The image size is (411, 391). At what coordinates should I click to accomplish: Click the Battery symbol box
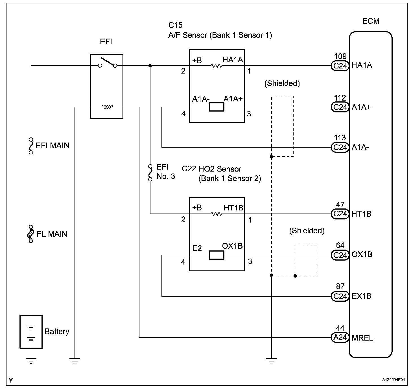click(x=31, y=332)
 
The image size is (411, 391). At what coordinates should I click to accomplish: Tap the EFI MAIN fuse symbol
click(x=31, y=146)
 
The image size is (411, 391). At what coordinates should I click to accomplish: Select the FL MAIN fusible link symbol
click(x=31, y=234)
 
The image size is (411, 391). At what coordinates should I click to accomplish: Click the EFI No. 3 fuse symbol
click(x=150, y=172)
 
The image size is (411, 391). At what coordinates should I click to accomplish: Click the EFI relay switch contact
click(x=107, y=63)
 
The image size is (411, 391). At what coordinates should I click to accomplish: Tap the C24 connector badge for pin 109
click(x=340, y=66)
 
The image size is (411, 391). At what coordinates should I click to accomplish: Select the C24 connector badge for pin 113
click(x=340, y=147)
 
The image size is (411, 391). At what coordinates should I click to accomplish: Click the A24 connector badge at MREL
click(x=340, y=337)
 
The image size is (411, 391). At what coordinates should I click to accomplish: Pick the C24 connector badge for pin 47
click(x=340, y=214)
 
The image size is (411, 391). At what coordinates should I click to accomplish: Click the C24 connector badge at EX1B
click(x=340, y=296)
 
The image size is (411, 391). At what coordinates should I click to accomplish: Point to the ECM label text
click(x=371, y=21)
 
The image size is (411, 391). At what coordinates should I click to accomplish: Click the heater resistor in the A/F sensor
click(x=217, y=66)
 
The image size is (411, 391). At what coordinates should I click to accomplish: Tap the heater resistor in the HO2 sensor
click(x=217, y=214)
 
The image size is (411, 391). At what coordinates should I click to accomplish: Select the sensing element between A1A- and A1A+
click(x=217, y=107)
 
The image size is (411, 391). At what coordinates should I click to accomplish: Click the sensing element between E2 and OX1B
click(x=217, y=255)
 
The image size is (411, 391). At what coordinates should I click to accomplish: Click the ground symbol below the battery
click(x=31, y=361)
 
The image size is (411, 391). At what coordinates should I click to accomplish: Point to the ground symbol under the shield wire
click(x=271, y=361)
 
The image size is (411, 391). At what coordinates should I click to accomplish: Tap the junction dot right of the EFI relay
click(x=150, y=66)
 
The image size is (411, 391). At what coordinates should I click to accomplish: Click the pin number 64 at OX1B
click(x=340, y=245)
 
